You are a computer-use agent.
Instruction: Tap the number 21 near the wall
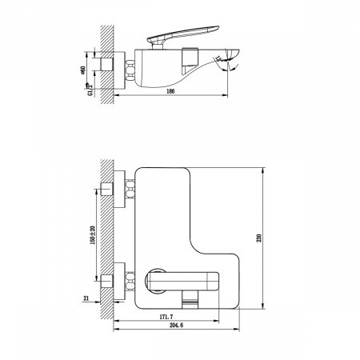point(86,300)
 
